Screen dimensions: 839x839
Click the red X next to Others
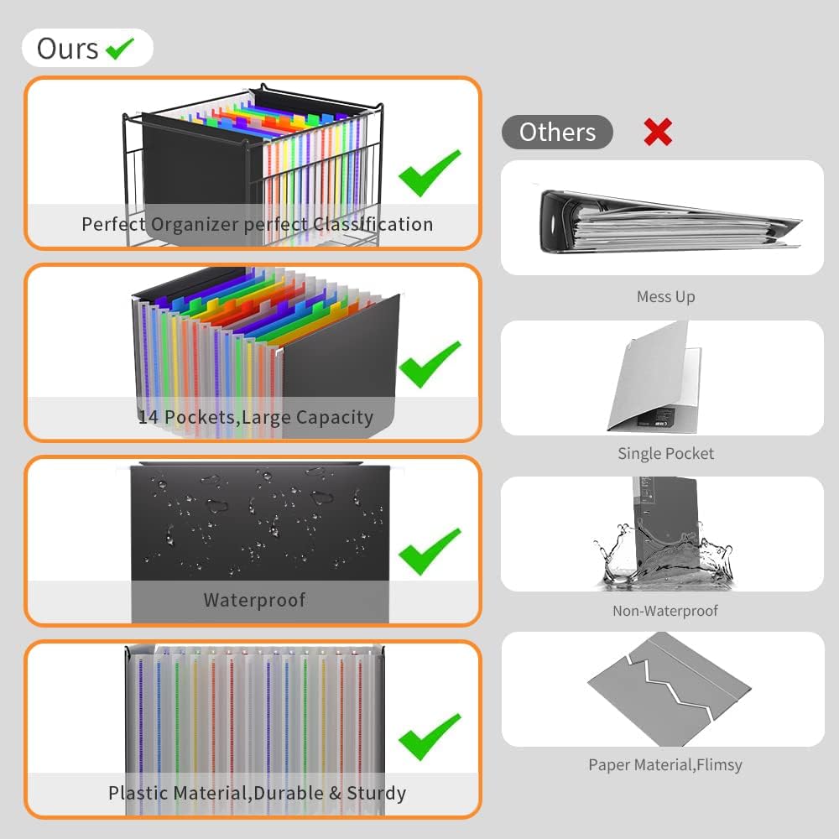(658, 132)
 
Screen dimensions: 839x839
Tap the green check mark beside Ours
(120, 49)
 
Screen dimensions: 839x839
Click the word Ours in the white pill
(67, 49)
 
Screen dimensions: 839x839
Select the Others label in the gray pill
(557, 133)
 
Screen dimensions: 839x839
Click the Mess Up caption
(665, 296)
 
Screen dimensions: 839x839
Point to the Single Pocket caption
(665, 453)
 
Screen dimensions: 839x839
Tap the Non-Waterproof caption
(665, 611)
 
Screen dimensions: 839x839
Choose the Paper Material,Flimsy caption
(665, 764)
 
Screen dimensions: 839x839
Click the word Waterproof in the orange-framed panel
(255, 601)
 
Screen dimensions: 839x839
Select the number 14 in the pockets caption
(149, 417)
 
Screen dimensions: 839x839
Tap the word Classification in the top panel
(373, 224)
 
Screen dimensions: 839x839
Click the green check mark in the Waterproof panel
(430, 552)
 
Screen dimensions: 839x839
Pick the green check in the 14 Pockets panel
(430, 364)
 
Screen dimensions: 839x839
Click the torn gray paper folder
(670, 689)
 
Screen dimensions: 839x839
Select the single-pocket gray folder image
(654, 377)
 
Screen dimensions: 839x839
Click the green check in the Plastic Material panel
(430, 737)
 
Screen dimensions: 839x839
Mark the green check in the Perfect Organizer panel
(430, 174)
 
